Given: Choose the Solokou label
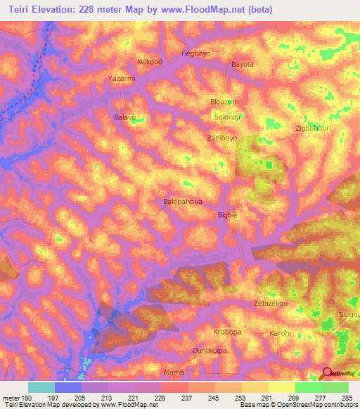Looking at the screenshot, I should pos(227,117).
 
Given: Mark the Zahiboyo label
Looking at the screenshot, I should pos(223,139).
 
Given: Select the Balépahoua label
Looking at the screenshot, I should pos(183,202).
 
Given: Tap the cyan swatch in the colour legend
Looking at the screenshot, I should pos(41,387).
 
